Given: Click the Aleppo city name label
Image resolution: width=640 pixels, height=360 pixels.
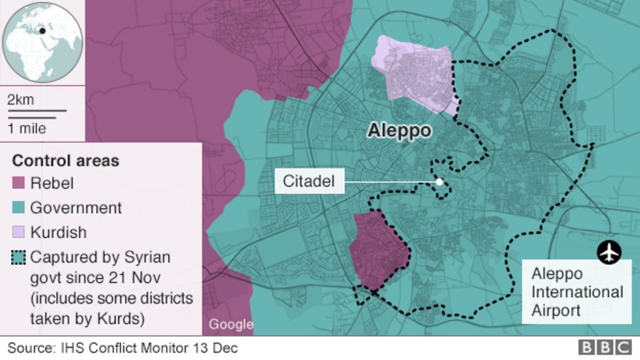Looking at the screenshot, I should (399, 131).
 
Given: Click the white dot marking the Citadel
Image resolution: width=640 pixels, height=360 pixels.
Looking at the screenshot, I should (439, 182).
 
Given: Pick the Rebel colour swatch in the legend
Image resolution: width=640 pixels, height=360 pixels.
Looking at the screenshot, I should (18, 184).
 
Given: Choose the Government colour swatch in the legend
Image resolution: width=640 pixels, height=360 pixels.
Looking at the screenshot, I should (18, 208).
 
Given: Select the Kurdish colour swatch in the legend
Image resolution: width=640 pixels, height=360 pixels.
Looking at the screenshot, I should (18, 232).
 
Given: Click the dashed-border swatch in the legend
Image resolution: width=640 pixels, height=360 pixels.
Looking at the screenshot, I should (18, 257).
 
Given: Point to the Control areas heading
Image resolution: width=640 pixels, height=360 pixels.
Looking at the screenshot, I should (66, 161).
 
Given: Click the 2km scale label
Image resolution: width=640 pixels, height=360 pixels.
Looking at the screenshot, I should (20, 100).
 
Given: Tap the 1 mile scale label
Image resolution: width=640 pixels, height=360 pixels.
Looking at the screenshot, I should (27, 128).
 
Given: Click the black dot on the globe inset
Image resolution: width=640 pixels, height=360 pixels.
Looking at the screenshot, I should (43, 30).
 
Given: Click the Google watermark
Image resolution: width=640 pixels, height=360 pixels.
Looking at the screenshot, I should (231, 324).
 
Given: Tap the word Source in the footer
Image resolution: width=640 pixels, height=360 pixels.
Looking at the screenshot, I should (29, 348).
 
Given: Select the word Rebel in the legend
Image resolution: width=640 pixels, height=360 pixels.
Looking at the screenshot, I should (52, 184).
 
